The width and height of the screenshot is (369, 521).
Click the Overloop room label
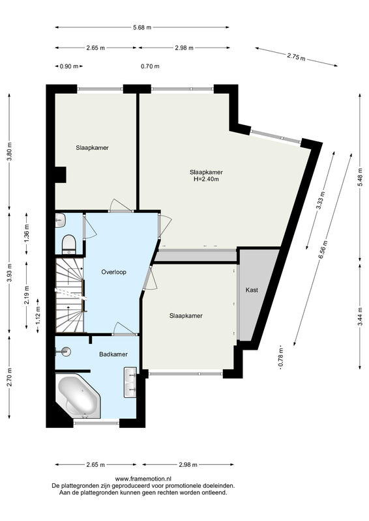114,272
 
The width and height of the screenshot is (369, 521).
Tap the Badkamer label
113,354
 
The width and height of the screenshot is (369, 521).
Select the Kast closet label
252,290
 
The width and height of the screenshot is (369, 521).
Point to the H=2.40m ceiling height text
206,179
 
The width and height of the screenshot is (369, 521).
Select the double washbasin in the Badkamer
130,382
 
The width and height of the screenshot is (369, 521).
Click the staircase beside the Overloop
70,296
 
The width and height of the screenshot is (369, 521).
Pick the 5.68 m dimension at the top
142,27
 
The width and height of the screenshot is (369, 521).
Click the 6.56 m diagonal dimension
322,250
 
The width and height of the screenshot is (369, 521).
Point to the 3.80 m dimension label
10,152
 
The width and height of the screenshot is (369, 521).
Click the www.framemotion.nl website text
143,479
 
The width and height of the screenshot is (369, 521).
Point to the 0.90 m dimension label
69,66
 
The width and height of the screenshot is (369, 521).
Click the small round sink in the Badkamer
65,351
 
